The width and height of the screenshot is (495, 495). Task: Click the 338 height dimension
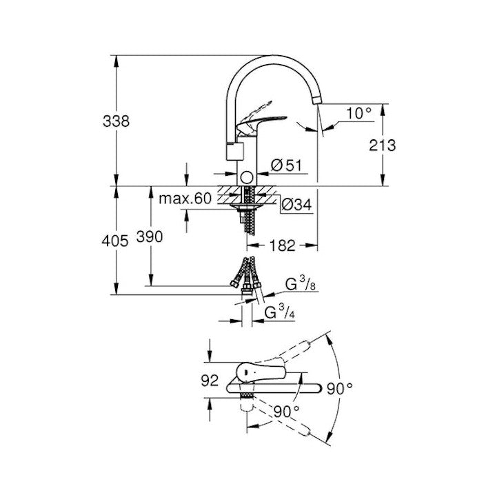116,121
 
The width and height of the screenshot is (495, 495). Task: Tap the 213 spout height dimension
383,145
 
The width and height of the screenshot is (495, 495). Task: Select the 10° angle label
358,113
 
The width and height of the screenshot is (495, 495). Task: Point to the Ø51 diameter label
286,165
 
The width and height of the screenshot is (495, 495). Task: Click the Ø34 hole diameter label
296,205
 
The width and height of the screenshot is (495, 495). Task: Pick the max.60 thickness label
185,199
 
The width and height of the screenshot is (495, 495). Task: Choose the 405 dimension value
115,241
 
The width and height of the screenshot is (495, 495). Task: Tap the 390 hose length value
150,236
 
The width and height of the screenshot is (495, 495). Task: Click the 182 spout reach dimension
282,245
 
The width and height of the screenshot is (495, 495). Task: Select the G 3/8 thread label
300,283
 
